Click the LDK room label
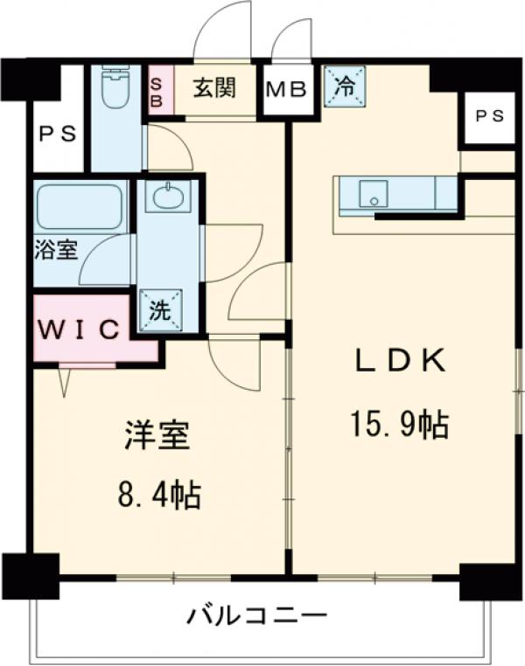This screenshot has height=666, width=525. [401, 362]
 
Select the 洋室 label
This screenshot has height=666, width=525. [157, 435]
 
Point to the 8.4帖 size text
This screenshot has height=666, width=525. [160, 496]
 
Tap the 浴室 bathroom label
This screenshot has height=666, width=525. [56, 250]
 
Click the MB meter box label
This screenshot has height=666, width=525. [287, 89]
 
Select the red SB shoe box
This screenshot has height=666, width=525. [157, 88]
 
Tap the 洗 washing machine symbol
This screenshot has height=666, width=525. [159, 310]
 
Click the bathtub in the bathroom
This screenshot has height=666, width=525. [79, 207]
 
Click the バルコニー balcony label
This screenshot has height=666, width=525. [257, 617]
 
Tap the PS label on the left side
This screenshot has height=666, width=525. [58, 135]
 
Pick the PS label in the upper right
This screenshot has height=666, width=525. [490, 114]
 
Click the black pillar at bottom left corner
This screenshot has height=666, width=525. [29, 574]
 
